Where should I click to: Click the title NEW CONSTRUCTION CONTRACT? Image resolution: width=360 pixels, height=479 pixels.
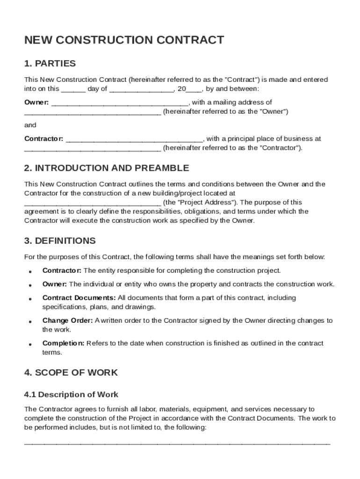point(124,40)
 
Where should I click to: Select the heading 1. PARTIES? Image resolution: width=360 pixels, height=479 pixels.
point(50,63)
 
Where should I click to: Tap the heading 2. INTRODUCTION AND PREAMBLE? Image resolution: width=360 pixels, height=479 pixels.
point(107,168)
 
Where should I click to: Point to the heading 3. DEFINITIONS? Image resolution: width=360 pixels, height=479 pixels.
point(60,241)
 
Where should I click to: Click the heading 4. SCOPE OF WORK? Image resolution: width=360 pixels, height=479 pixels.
point(71,373)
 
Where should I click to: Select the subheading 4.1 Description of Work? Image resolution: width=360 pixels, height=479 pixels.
point(72,394)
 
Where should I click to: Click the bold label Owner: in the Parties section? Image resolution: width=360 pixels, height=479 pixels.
point(36,102)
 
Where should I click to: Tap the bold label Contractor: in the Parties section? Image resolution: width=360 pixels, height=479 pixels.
point(43,139)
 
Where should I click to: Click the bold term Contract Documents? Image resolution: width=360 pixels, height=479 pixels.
point(79,298)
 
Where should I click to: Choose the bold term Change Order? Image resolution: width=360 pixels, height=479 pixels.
point(68,320)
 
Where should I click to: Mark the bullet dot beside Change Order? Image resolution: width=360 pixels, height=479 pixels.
point(30,322)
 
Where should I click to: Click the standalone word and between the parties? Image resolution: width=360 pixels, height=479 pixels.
point(30,125)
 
